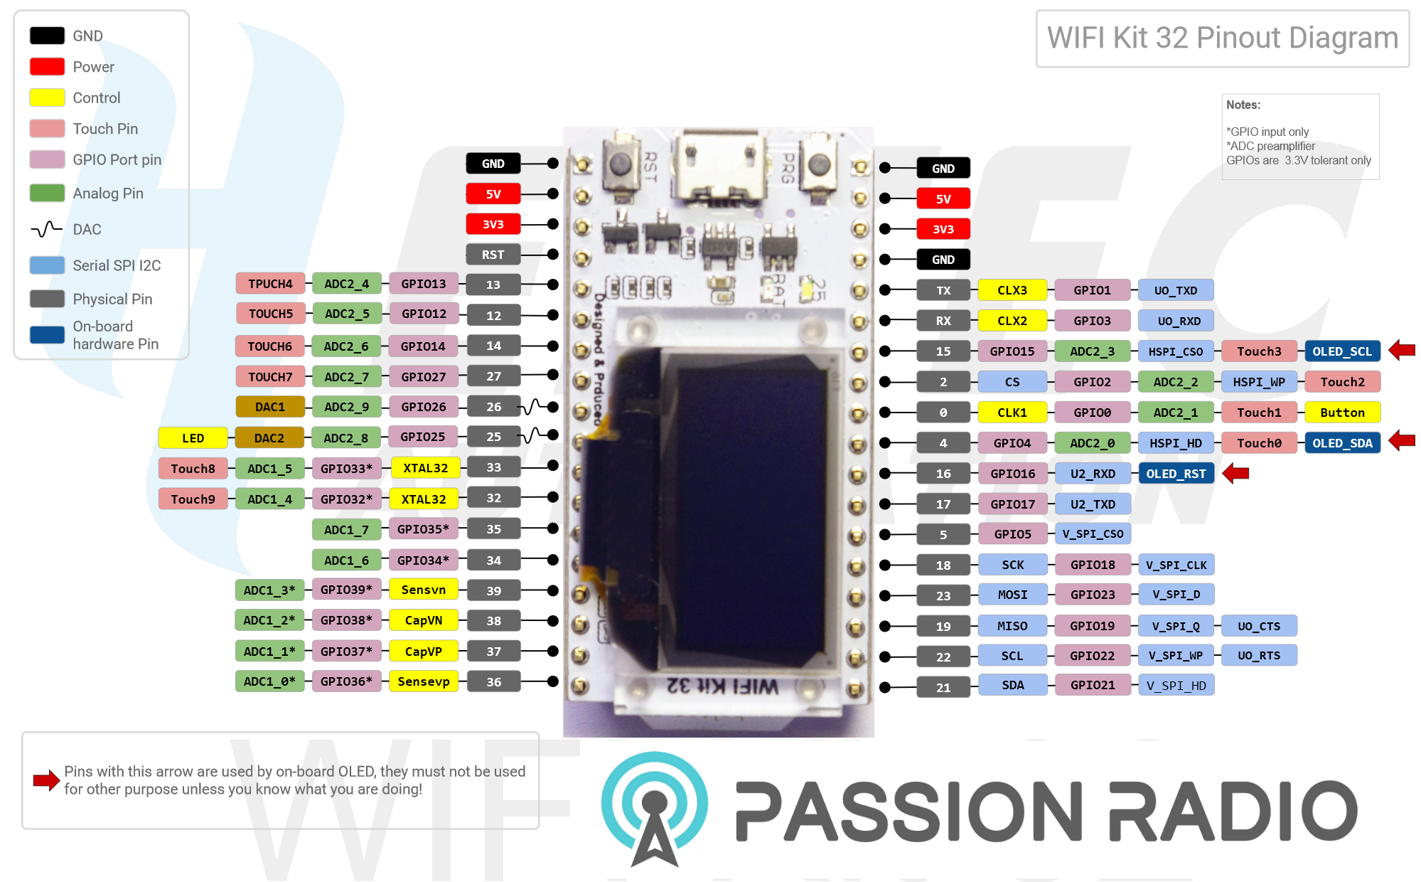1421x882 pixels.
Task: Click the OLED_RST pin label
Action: pos(1176,474)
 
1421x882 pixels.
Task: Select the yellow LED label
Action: pos(193,438)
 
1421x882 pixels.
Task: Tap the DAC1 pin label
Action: pos(270,407)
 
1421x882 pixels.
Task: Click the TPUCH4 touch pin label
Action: pos(270,284)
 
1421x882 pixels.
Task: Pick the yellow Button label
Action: pos(1342,413)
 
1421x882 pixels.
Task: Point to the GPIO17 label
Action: pos(1013,504)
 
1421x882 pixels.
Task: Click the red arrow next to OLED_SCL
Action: pos(1401,350)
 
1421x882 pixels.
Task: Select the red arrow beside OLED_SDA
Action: pos(1401,441)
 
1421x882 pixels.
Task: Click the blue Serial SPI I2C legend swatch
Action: pos(48,265)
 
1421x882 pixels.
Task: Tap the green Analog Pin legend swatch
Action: pos(48,193)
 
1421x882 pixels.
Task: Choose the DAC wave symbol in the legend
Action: pos(47,229)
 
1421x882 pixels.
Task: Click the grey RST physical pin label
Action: pos(493,255)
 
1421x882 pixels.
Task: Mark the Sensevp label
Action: pos(424,681)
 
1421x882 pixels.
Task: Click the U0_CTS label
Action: pos(1259,626)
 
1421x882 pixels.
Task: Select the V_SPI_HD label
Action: pos(1176,686)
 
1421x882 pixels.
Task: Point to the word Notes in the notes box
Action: pos(1243,105)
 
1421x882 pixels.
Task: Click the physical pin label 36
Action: pos(493,682)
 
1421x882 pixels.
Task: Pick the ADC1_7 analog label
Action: pos(346,530)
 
